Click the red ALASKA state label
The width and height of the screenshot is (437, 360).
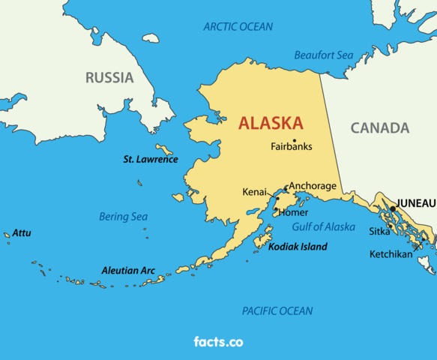point(271,123)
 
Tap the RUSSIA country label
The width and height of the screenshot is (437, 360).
point(109,77)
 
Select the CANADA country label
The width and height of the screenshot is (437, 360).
point(380,127)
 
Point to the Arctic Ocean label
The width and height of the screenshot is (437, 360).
point(238,27)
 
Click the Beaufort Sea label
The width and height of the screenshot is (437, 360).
point(323,55)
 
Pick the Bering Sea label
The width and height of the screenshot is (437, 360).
point(123,217)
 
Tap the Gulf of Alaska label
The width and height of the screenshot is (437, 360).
point(324,226)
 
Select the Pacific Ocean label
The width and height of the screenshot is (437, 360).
point(277,310)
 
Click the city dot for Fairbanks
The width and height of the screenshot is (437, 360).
point(295,140)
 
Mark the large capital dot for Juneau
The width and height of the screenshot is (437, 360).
point(392,209)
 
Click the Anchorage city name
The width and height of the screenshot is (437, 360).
point(313,185)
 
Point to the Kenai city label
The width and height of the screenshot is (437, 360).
point(254,193)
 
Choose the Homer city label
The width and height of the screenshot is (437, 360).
point(293,212)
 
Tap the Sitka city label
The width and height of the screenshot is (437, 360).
point(379,232)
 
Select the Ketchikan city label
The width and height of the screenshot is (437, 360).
point(391,254)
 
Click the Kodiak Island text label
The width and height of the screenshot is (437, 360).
point(298,247)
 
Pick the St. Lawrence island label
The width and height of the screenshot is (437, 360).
point(151,159)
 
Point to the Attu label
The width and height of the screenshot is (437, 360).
point(22,233)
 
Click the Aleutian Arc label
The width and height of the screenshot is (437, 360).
point(128,270)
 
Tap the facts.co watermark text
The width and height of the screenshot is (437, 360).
point(218,342)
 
